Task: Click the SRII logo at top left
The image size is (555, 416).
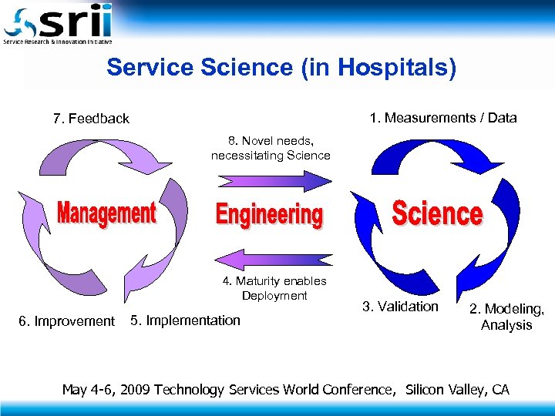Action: (58, 23)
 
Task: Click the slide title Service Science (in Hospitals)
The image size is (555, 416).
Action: (281, 68)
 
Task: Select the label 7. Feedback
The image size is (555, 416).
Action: (91, 119)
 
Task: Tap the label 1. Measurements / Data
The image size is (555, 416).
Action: (442, 118)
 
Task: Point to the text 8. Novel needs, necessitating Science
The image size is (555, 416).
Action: (271, 148)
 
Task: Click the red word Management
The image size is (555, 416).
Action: (106, 213)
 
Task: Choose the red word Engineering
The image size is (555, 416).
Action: (269, 214)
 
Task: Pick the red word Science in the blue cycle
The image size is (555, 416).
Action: (437, 213)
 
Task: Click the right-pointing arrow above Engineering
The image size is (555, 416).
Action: (274, 181)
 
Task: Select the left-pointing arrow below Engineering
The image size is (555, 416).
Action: (274, 259)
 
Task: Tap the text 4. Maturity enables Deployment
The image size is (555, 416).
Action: (275, 288)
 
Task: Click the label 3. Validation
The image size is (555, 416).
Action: (400, 307)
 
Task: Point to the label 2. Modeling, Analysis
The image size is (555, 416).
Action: (506, 317)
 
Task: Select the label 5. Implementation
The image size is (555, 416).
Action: (185, 320)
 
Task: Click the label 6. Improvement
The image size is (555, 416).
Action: (66, 321)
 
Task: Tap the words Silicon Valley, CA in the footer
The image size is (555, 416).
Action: (457, 389)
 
